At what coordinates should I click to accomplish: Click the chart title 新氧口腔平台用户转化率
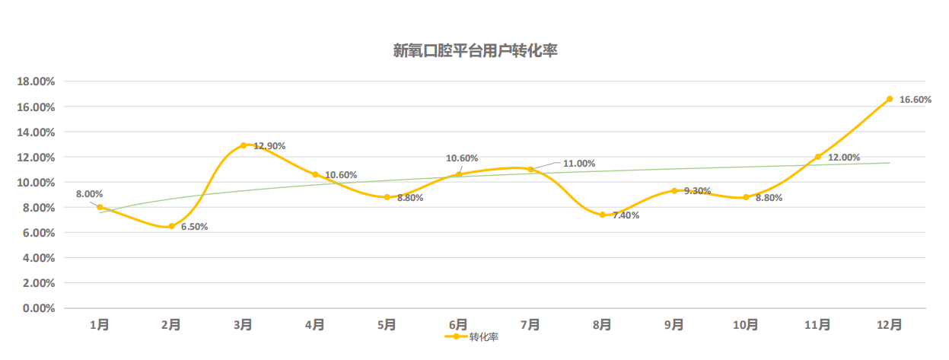(476, 52)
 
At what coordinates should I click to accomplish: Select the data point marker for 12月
(890, 99)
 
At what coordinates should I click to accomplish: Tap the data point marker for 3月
(244, 145)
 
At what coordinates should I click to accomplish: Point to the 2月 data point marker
(171, 226)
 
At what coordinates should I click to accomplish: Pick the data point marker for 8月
(603, 215)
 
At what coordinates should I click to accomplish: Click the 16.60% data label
(915, 100)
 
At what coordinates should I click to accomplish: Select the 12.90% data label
(269, 145)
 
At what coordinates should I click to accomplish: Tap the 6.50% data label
(194, 227)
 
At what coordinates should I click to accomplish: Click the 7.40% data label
(626, 215)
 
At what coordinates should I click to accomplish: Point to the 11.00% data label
(579, 164)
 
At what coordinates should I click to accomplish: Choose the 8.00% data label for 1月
(89, 194)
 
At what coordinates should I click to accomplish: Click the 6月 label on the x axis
(458, 325)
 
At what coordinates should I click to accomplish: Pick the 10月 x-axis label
(746, 325)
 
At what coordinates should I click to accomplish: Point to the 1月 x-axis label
(99, 325)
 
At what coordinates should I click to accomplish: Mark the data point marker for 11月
(818, 157)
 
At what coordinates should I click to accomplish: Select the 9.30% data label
(697, 191)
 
